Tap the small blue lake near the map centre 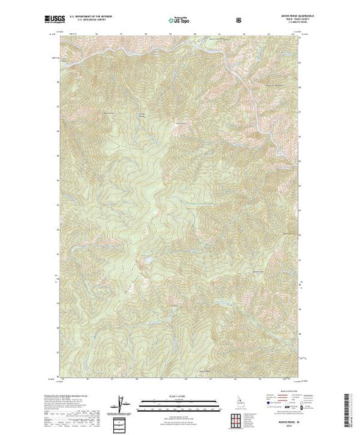[146, 261]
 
